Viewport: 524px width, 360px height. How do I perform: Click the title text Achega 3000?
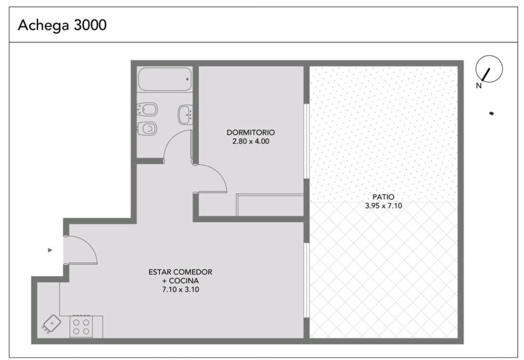click(x=62, y=25)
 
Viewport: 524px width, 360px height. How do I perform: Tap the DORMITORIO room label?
click(x=251, y=132)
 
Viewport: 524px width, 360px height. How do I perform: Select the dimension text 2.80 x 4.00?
click(x=251, y=141)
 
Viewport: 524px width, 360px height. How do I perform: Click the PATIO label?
click(x=383, y=197)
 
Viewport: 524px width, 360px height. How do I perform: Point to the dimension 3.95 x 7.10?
click(x=383, y=206)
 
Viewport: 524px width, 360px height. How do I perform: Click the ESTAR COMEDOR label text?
click(x=181, y=272)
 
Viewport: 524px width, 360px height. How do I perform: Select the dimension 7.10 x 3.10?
click(x=181, y=290)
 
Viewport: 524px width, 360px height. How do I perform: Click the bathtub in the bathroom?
click(x=165, y=79)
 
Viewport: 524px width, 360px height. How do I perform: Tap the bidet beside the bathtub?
click(x=147, y=109)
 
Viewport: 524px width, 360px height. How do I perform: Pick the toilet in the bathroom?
click(x=147, y=128)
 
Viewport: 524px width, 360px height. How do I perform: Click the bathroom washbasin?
click(x=185, y=115)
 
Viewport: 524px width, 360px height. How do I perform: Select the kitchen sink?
click(x=52, y=323)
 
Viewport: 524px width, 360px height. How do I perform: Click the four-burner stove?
click(x=81, y=327)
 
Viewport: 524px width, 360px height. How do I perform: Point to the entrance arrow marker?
click(x=50, y=250)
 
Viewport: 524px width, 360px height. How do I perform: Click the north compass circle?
click(x=489, y=68)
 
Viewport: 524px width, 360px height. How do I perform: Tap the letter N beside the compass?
click(x=479, y=85)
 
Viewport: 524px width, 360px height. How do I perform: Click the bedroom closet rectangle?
click(x=270, y=204)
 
